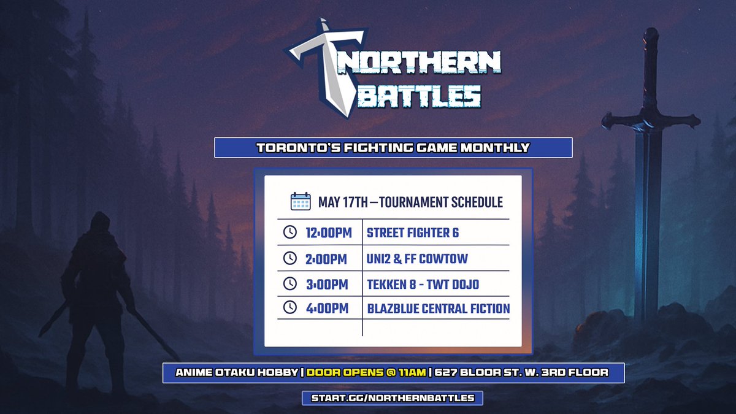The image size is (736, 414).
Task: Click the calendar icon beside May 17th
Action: point(301,202)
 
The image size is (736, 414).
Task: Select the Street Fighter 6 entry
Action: point(412,232)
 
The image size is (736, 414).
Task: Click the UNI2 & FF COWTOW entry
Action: point(417,258)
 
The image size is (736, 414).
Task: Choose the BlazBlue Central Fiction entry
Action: point(438,309)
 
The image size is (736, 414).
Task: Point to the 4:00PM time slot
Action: point(326,309)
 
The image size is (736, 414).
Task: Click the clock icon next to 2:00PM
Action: point(289,258)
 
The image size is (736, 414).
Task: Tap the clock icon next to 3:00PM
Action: point(289,284)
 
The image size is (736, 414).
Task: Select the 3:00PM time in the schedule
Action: point(326,284)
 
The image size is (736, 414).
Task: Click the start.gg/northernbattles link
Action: point(393,397)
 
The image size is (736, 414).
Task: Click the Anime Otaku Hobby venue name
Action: point(236,372)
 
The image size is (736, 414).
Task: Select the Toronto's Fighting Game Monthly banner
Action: point(393,148)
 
